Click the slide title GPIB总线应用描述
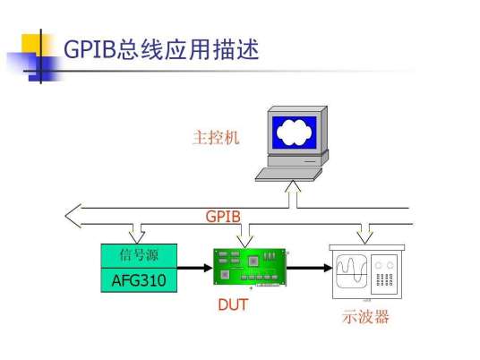click(161, 48)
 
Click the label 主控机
click(216, 139)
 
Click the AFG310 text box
click(138, 280)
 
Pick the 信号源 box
click(138, 255)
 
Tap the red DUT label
click(233, 304)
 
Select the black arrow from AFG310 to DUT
click(194, 267)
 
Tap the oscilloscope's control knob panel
click(390, 272)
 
